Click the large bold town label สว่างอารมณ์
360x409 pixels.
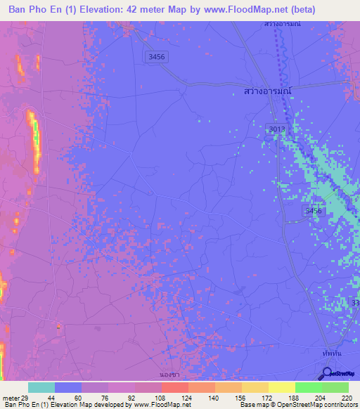pyautogui.click(x=262, y=91)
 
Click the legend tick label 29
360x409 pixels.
pyautogui.click(x=27, y=398)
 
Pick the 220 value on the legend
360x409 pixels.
pyautogui.click(x=347, y=398)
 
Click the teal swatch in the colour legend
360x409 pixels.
pyautogui.click(x=41, y=387)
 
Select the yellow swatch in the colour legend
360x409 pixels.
pyautogui.click(x=281, y=387)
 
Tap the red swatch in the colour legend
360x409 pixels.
pyautogui.click(x=175, y=387)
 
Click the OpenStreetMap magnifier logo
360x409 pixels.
pyautogui.click(x=326, y=375)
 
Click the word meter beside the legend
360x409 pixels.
pyautogui.click(x=10, y=398)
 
